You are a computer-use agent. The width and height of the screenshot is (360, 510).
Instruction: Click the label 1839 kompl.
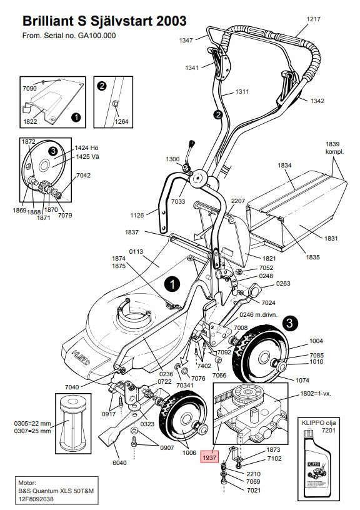(332, 147)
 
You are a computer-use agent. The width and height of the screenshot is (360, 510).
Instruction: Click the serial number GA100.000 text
(98, 36)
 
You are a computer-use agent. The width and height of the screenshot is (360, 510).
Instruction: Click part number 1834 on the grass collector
(285, 166)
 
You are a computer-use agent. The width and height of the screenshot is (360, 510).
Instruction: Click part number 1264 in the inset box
(122, 122)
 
